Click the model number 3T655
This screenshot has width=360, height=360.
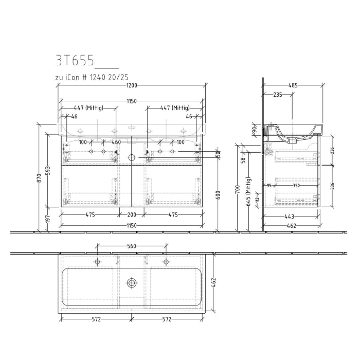75,61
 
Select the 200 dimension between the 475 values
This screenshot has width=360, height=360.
132,215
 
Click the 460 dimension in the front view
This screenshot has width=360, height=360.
116,142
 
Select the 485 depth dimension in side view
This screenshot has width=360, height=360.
293,85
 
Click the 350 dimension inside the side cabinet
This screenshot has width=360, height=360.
296,186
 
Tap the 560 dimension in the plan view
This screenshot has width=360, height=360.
132,246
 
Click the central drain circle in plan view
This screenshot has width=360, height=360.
132,282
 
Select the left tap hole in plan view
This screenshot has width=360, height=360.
97,262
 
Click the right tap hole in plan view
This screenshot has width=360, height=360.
166,262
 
